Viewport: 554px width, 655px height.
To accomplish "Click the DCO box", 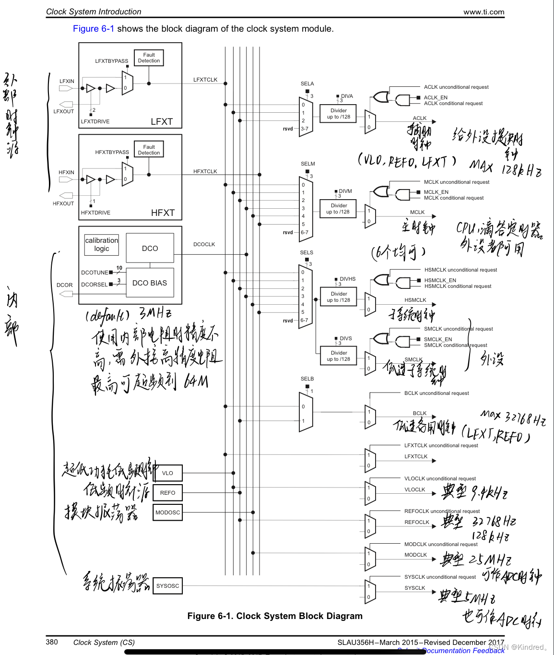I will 150,248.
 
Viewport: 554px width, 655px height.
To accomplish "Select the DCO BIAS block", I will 150,283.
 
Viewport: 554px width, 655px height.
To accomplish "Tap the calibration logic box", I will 101,245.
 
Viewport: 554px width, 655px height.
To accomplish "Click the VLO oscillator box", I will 167,473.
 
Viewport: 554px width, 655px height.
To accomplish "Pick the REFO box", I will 167,493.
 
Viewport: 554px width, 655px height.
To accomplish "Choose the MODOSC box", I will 167,512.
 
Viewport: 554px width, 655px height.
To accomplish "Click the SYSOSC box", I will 167,586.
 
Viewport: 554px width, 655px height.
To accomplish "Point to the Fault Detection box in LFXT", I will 149,58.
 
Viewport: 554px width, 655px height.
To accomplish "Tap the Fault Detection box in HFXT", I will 149,150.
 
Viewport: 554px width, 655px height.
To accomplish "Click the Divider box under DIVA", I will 339,114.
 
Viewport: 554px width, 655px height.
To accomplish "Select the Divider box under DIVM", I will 338,209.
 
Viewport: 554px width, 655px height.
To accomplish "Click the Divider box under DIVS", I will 339,356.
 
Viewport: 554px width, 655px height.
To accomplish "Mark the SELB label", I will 307,379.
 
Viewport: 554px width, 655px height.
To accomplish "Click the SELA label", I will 307,83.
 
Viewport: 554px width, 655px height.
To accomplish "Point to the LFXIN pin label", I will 67,81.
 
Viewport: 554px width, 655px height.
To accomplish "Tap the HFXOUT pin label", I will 63,203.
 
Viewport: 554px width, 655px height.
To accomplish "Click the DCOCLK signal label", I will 204,244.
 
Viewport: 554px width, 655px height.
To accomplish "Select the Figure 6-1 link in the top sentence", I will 94,29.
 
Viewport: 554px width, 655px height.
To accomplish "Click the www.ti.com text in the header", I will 483,12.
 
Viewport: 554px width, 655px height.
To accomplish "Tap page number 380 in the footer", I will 52,642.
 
